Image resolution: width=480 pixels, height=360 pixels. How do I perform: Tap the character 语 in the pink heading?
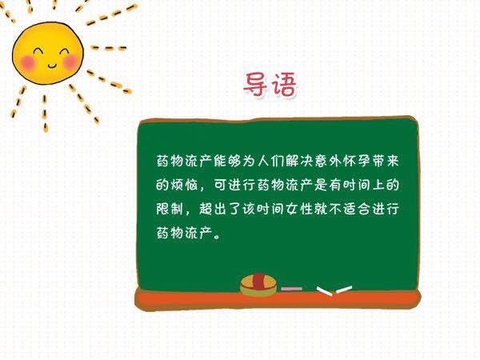[284, 84]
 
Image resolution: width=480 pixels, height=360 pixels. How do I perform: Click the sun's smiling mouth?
[52, 66]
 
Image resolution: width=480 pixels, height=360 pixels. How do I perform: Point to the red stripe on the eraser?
[258, 282]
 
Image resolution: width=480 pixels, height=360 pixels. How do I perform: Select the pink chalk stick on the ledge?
[292, 289]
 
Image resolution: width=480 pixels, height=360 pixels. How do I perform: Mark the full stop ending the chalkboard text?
[218, 237]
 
